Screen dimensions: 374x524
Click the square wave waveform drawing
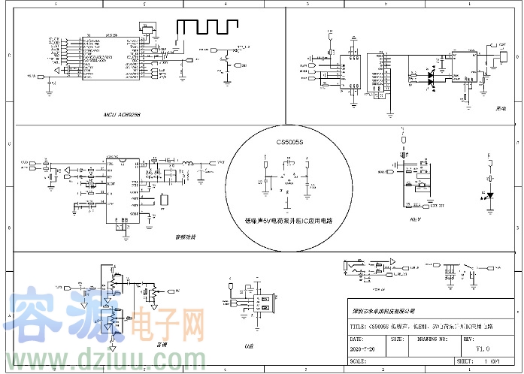point(205,27)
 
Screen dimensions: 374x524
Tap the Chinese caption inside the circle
point(289,222)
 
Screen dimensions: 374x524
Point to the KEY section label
point(415,220)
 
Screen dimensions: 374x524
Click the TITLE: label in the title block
point(359,327)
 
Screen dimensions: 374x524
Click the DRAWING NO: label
point(432,339)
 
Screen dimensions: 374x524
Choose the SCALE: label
point(359,360)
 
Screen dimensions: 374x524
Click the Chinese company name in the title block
point(383,310)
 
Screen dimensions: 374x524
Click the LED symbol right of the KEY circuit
point(490,195)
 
